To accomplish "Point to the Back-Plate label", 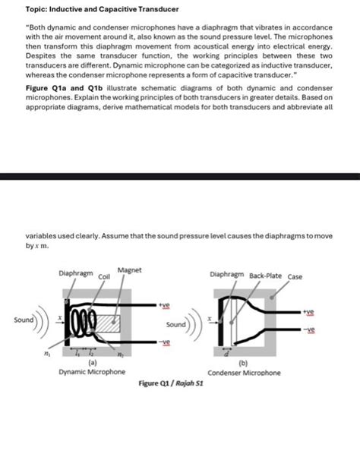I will (264, 276).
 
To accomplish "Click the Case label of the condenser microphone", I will (295, 276).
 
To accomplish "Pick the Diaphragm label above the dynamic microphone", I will (75, 272).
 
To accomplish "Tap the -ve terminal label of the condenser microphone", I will (308, 330).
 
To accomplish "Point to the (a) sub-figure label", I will (92, 363).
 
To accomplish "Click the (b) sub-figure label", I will (245, 364).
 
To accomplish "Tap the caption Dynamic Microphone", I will (92, 372).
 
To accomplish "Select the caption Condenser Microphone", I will (245, 373).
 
